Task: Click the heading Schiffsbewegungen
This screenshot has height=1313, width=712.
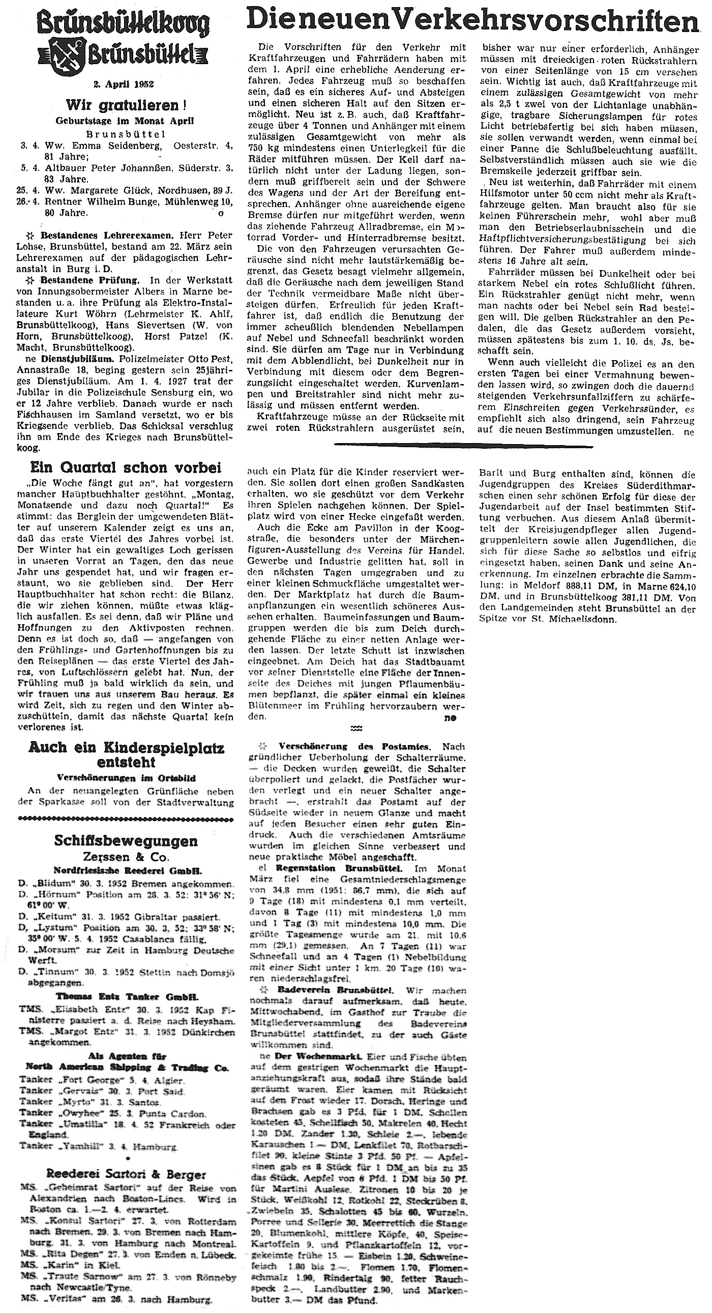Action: coord(126,840)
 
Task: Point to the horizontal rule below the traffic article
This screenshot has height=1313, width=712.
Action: coord(463,446)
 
